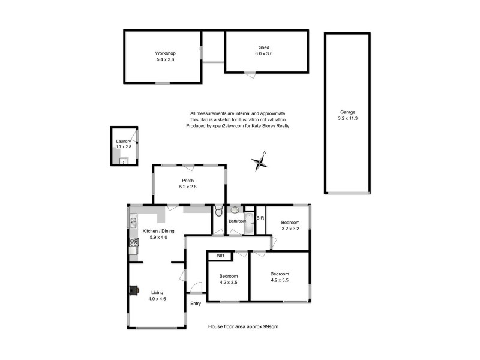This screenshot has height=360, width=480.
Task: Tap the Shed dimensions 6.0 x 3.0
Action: [x=263, y=54]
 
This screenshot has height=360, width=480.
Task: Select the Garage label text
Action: [x=348, y=112]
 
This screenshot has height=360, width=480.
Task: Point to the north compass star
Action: [x=259, y=162]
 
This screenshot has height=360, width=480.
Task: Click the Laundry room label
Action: [x=123, y=142]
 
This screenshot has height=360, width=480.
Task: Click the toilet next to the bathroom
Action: [x=220, y=212]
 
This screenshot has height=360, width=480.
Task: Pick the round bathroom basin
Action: [x=234, y=210]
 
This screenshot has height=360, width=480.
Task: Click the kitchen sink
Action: [x=133, y=223]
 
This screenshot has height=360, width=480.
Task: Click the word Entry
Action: [x=196, y=304]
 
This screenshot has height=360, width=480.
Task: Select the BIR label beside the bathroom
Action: [x=260, y=218]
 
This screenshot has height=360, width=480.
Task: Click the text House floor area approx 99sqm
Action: [x=243, y=327]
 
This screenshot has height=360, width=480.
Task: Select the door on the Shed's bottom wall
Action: [x=250, y=74]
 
